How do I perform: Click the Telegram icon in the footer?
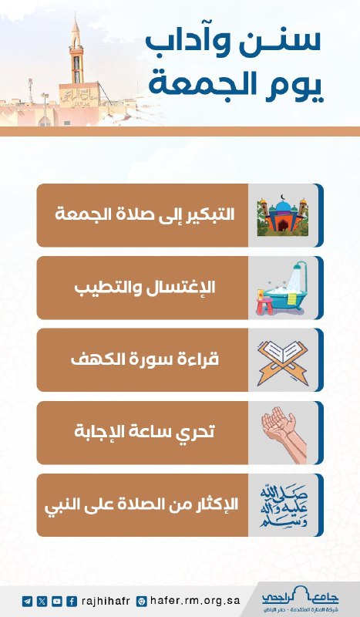pos(27,601)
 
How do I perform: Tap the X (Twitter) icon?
pos(42,601)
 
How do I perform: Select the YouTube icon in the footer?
pos(56,601)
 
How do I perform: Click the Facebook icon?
pos(72,601)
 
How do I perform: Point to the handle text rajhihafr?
pos(106,602)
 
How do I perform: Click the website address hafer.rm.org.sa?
pos(195,601)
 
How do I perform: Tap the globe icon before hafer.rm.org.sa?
pos(141,601)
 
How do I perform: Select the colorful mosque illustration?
pos(282,215)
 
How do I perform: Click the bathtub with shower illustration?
pos(281,288)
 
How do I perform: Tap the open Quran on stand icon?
pos(282,362)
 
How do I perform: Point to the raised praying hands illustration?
pos(284,433)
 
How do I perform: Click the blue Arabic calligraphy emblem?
pos(283,506)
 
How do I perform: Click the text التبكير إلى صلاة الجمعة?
pos(144,214)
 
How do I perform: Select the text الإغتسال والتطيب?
pos(145,287)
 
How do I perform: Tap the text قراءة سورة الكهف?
pos(145,359)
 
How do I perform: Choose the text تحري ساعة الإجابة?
pos(144,432)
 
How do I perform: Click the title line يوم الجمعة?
pos(236,86)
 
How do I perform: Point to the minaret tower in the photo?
pos(76,51)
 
